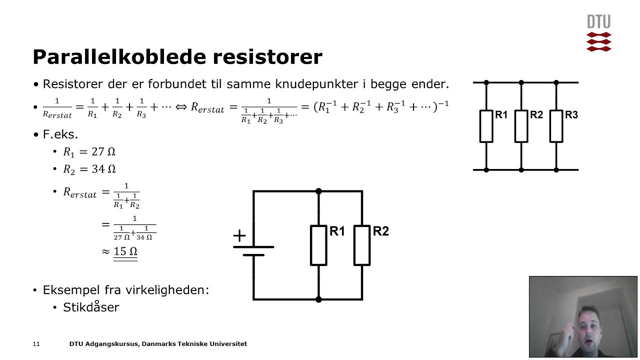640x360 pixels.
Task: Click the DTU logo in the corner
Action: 598,33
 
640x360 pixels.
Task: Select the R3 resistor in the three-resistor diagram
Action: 556,126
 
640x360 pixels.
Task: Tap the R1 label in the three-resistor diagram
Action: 501,115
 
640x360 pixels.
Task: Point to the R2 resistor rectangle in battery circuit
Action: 362,245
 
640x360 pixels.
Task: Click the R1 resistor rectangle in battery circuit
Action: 318,245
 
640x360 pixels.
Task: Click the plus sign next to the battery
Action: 239,236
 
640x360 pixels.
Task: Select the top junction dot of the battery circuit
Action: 318,191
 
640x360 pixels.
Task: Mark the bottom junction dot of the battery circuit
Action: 318,299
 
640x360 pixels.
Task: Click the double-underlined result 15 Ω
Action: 125,251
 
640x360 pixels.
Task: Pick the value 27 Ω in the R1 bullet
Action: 103,152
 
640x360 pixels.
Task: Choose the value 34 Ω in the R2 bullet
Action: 103,169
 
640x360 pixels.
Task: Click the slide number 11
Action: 36,344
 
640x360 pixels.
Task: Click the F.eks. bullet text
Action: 60,134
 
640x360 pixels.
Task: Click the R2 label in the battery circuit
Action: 381,231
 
